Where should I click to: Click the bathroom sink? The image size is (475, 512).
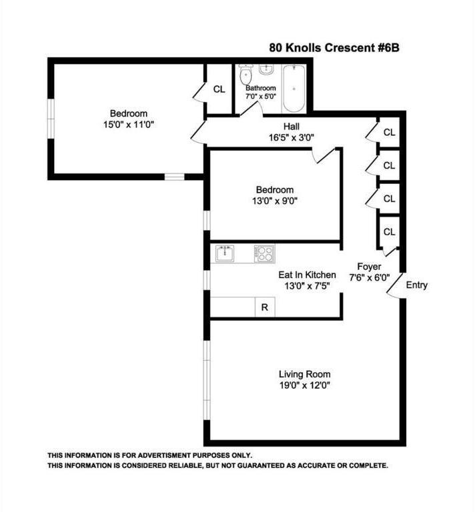[x=266, y=69]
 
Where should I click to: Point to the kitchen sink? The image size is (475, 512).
[x=225, y=253]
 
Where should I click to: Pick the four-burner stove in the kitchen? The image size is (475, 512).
[x=264, y=253]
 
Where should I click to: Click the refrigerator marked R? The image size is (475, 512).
[x=265, y=307]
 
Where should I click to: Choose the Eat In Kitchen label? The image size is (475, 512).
[x=308, y=275]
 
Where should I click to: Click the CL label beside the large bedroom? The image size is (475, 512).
[x=219, y=89]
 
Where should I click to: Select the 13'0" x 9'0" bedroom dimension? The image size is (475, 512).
[x=274, y=201]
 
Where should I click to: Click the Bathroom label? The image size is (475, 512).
[x=260, y=88]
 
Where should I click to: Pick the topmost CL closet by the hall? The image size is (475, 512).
[x=389, y=132]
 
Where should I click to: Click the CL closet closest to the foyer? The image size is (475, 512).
[x=389, y=232]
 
